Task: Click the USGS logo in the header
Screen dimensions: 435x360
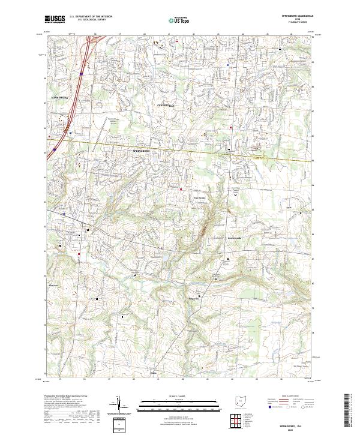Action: pyautogui.click(x=55, y=19)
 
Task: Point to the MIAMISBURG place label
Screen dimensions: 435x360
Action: pyautogui.click(x=60, y=96)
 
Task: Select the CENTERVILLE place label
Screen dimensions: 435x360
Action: pyautogui.click(x=166, y=106)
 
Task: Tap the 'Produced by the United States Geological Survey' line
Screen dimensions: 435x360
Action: pyautogui.click(x=65, y=396)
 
